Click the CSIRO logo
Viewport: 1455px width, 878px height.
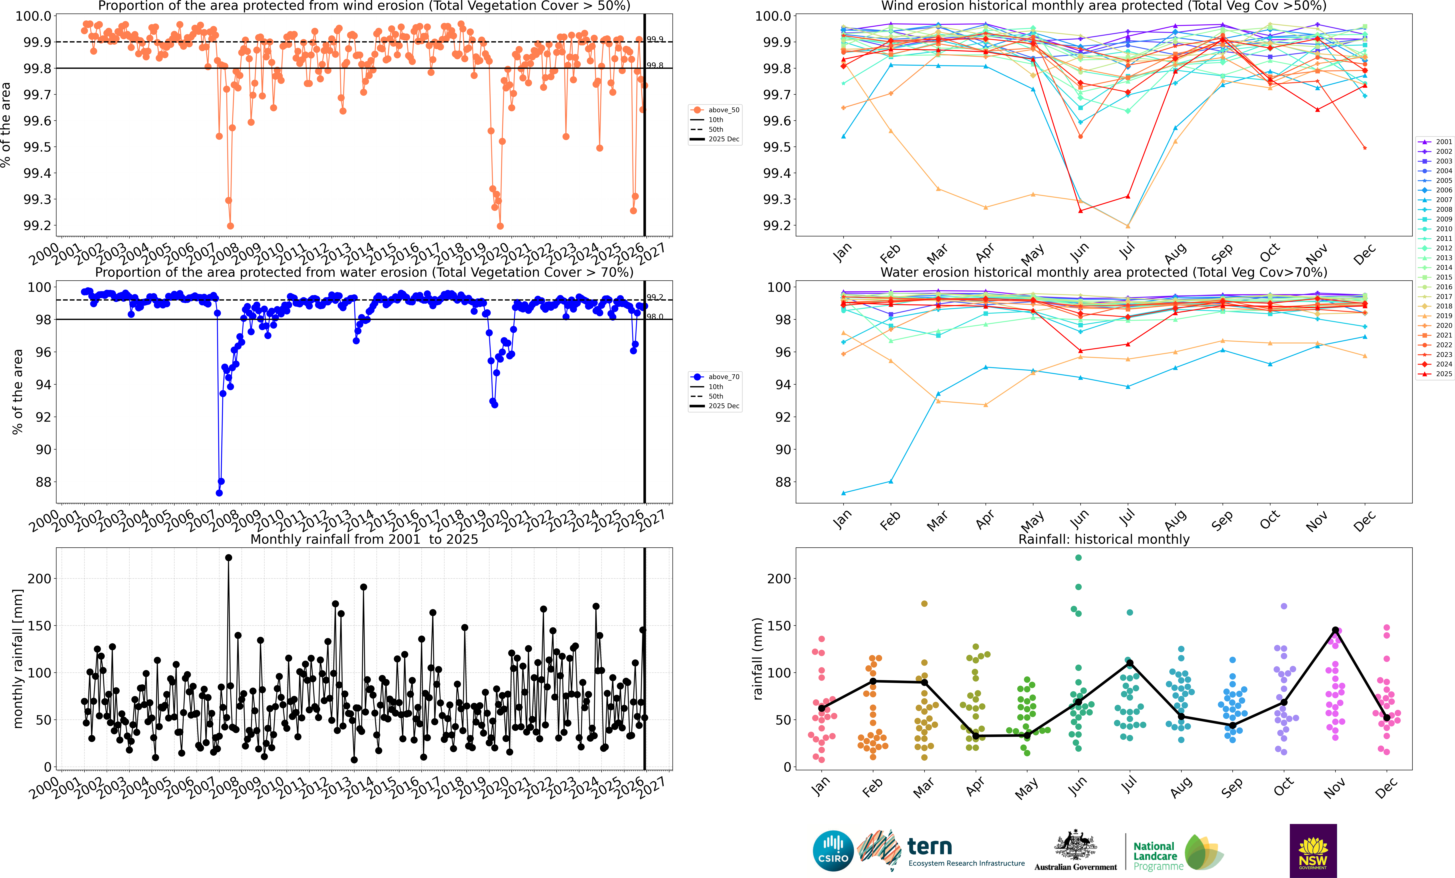(833, 851)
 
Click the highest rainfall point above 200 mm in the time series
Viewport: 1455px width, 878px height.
(229, 557)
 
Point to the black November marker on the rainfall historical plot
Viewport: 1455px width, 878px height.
(1335, 630)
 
